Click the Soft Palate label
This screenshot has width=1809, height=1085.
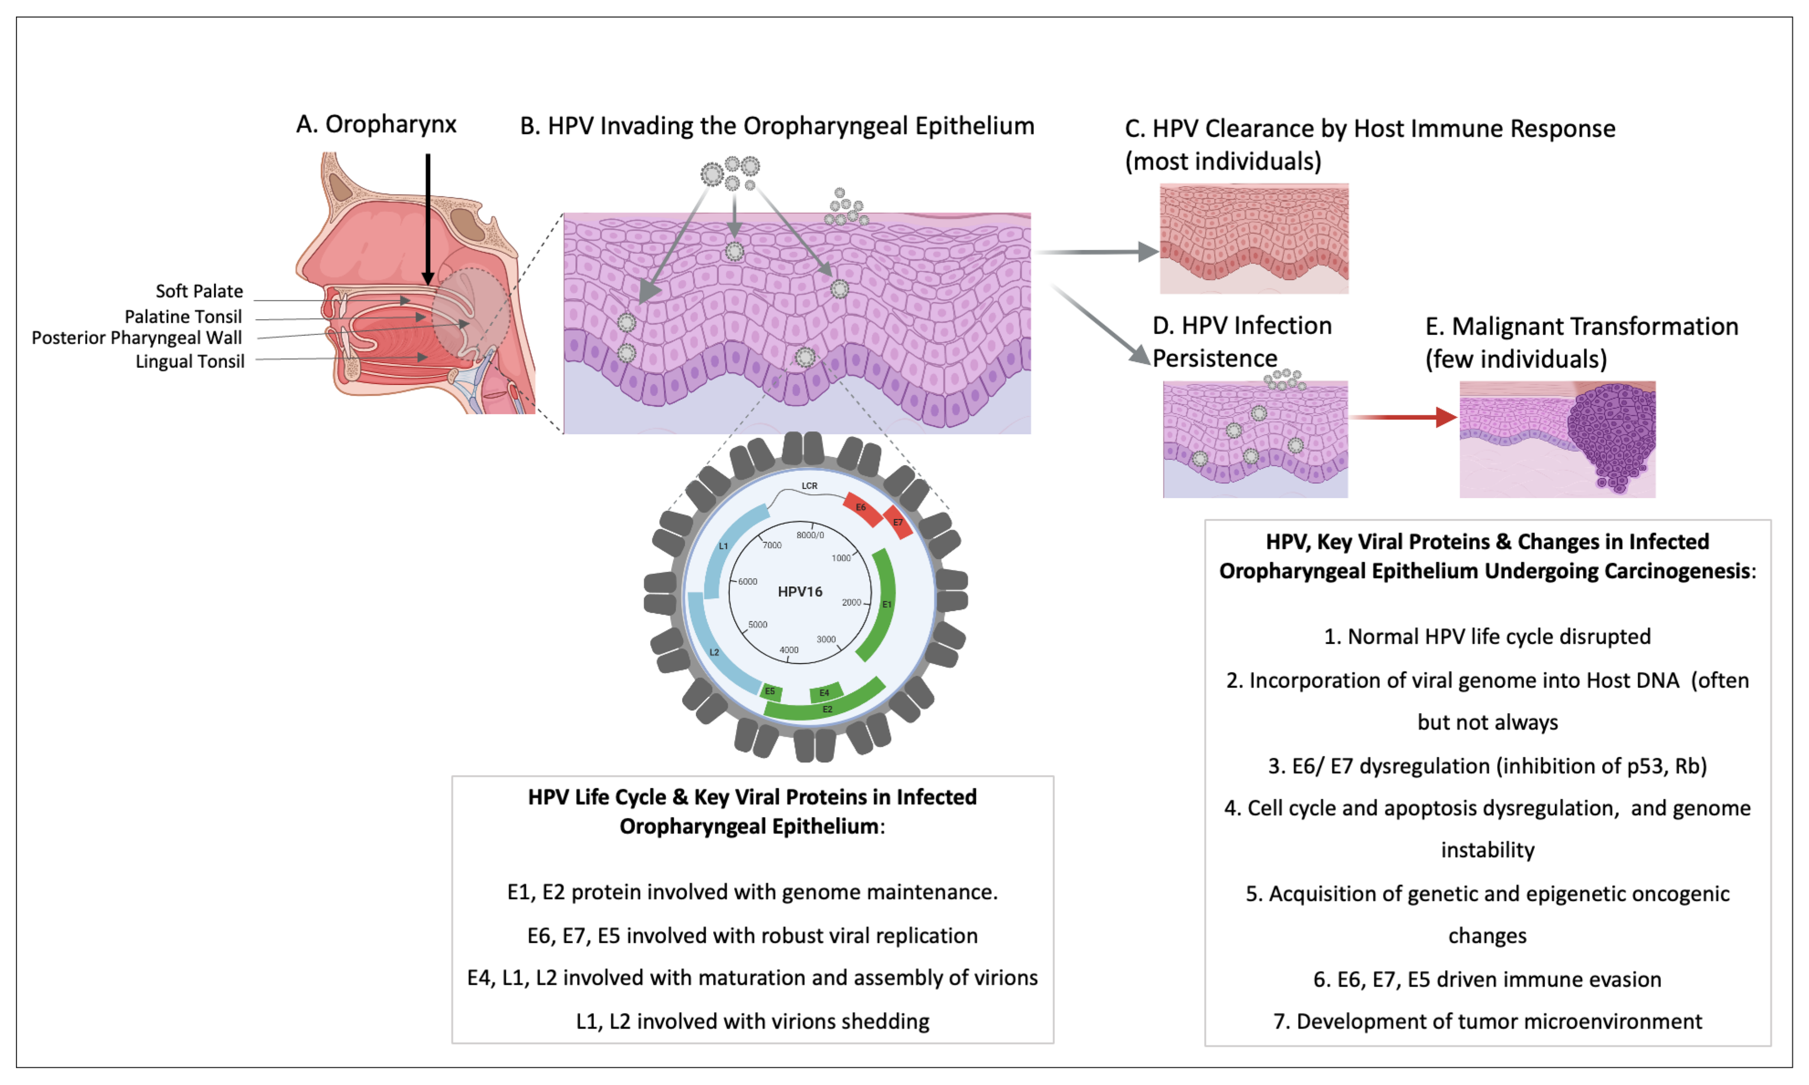pos(199,291)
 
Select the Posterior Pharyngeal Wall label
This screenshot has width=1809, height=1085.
pos(137,338)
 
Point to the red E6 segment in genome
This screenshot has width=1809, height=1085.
pos(863,509)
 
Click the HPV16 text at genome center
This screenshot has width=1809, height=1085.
pos(800,591)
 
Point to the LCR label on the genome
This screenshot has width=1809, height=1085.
pos(809,486)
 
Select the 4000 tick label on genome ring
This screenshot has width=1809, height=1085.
pos(789,650)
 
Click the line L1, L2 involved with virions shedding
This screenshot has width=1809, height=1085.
pos(752,1021)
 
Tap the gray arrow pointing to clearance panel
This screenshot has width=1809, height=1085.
pos(1097,252)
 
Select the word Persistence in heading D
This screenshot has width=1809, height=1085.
pos(1215,358)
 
